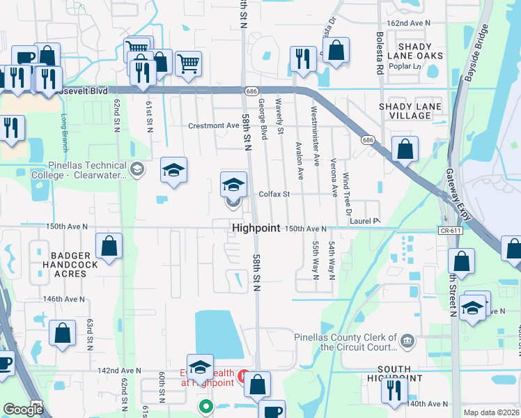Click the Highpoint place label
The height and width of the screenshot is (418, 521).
(x=256, y=228)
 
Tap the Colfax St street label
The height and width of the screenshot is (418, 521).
(x=274, y=194)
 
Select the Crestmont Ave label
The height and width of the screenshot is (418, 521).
(x=214, y=125)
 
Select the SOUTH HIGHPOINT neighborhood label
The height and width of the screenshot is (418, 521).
(x=400, y=373)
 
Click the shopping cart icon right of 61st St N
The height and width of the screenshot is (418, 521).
(x=188, y=63)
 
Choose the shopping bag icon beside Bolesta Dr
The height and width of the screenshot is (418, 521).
(x=336, y=50)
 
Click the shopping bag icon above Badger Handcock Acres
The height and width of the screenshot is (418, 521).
(x=109, y=246)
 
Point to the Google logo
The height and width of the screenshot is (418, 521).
(x=23, y=410)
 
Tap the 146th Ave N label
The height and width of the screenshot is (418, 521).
(x=63, y=299)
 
